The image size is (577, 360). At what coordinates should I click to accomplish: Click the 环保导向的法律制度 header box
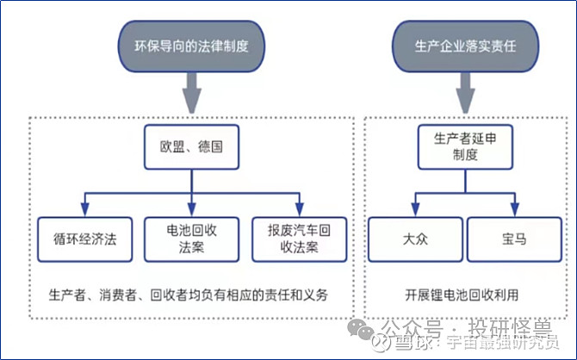pyautogui.click(x=190, y=40)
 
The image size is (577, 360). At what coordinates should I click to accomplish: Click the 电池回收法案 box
pyautogui.click(x=190, y=239)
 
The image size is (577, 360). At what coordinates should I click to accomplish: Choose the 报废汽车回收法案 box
pyautogui.click(x=298, y=239)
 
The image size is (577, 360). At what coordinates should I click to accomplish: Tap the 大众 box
pyautogui.click(x=415, y=239)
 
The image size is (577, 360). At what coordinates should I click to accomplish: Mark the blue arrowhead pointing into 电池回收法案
pyautogui.click(x=190, y=209)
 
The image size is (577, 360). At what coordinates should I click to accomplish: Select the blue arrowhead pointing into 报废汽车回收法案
pyautogui.click(x=298, y=209)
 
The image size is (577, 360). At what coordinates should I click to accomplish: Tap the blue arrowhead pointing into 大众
pyautogui.click(x=415, y=209)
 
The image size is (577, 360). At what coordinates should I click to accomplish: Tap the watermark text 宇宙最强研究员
pyautogui.click(x=492, y=343)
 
